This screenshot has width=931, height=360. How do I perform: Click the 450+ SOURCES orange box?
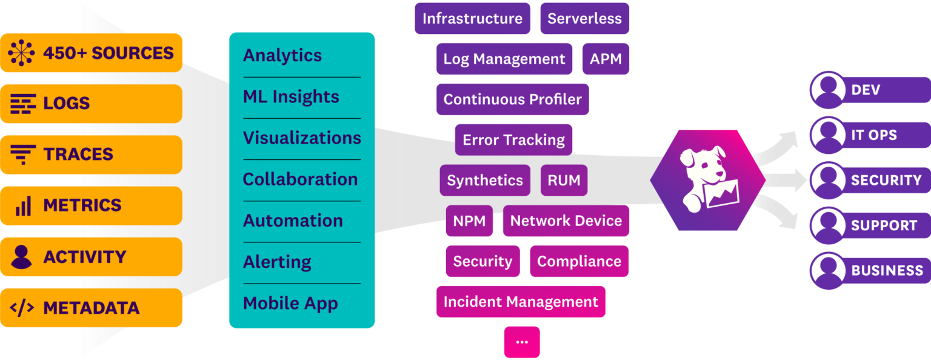[91, 53]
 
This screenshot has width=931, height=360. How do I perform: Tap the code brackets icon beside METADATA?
[22, 308]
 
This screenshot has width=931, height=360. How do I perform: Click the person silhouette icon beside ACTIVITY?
[22, 257]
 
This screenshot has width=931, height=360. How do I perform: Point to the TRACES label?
[78, 155]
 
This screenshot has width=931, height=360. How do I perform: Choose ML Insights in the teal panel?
[291, 97]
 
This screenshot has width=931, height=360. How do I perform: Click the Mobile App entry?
[290, 303]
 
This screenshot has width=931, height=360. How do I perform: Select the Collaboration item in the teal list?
[300, 179]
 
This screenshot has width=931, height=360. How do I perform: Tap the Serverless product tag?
[584, 18]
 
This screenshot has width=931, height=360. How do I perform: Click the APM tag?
[606, 59]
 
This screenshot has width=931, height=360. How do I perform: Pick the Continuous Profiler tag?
[512, 99]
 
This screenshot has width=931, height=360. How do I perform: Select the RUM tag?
[564, 180]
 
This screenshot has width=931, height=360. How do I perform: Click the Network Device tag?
[566, 221]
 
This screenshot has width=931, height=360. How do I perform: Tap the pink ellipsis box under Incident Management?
[521, 342]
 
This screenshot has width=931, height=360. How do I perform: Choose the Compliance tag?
[579, 261]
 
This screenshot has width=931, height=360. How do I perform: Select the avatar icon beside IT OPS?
[827, 135]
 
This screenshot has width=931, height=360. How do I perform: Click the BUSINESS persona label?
[887, 270]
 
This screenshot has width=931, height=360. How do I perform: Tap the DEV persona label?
[866, 90]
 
